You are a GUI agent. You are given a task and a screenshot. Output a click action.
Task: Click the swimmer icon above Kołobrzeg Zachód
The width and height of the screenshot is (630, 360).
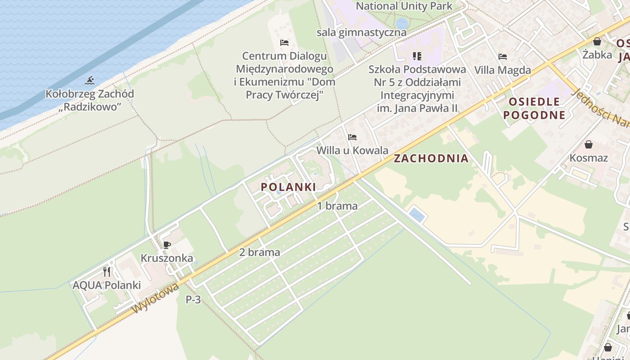pyautogui.click(x=90, y=81)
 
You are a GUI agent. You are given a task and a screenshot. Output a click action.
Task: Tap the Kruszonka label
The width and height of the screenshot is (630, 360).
pyautogui.click(x=167, y=258)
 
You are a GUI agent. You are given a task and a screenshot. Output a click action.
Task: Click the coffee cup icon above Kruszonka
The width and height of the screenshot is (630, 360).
pyautogui.click(x=167, y=245)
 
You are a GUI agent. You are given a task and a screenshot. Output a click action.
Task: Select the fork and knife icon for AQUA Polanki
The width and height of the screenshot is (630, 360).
pyautogui.click(x=107, y=272)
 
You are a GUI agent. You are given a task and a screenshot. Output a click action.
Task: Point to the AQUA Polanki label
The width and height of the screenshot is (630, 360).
pyautogui.click(x=107, y=285)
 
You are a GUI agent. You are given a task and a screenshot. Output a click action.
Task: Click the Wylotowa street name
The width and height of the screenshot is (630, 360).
pyautogui.click(x=155, y=298)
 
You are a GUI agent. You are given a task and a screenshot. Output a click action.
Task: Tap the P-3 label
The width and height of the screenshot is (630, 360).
pyautogui.click(x=193, y=299)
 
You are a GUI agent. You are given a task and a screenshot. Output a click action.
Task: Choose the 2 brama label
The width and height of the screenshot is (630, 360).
pyautogui.click(x=260, y=252)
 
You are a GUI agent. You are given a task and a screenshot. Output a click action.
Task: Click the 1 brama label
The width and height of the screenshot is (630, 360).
pyautogui.click(x=337, y=206)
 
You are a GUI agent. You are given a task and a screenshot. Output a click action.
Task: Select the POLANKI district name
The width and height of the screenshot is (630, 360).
pyautogui.click(x=288, y=187)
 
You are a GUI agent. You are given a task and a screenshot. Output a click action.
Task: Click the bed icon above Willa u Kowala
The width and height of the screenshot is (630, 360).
pyautogui.click(x=352, y=137)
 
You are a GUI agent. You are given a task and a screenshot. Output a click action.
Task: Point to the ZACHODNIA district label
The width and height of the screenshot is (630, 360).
pyautogui.click(x=431, y=158)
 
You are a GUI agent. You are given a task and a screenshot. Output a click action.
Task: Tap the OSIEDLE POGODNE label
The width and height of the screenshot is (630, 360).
pyautogui.click(x=534, y=108)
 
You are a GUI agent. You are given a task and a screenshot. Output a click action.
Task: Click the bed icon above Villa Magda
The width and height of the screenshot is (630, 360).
pyautogui.click(x=503, y=57)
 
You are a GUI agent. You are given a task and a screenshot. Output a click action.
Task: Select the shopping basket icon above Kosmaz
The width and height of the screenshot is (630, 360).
pyautogui.click(x=588, y=144)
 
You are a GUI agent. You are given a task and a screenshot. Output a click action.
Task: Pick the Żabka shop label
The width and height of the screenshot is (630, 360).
pyautogui.click(x=597, y=54)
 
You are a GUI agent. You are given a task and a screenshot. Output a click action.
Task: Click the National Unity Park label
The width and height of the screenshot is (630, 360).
pyautogui.click(x=404, y=6)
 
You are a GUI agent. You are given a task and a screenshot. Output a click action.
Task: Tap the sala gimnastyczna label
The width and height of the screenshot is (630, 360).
pyautogui.click(x=361, y=32)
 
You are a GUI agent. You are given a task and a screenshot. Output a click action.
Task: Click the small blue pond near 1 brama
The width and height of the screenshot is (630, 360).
pyautogui.click(x=417, y=215)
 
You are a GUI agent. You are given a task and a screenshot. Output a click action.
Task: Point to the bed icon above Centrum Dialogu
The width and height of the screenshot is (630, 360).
pyautogui.click(x=284, y=43)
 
